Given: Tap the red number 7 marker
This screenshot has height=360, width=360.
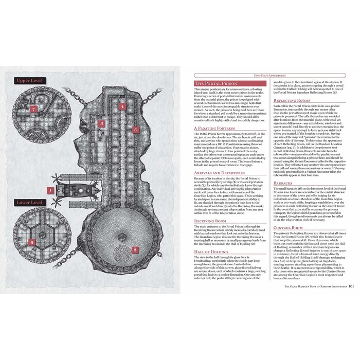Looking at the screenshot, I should pyautogui.click(x=34, y=109).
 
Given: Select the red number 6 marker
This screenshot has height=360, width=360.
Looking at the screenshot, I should pyautogui.click(x=32, y=241).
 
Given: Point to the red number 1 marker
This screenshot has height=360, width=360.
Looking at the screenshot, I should pyautogui.click(x=50, y=190).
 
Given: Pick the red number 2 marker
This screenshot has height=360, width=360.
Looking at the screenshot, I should pyautogui.click(x=135, y=250).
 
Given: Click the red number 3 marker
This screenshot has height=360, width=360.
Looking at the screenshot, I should pyautogui.click(x=102, y=123).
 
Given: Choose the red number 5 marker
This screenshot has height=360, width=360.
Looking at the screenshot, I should pyautogui.click(x=135, y=130).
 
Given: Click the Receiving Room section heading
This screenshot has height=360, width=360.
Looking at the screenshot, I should pyautogui.click(x=212, y=220).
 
